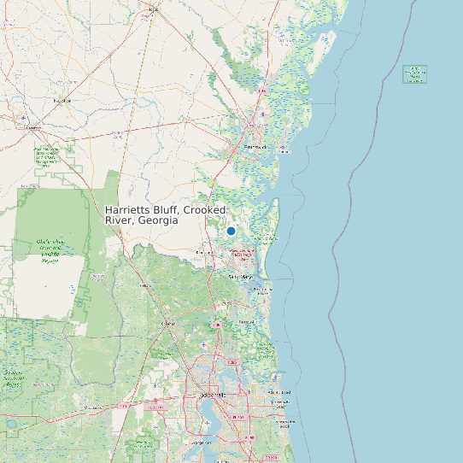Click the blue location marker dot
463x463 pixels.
(x=231, y=231)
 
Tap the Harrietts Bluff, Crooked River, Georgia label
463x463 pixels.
(x=166, y=215)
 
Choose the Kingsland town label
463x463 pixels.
(x=205, y=253)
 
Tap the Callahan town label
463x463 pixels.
(x=168, y=324)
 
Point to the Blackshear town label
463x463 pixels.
(x=61, y=100)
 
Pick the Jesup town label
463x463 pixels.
(x=154, y=9)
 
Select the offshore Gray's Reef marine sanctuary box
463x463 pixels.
(x=415, y=74)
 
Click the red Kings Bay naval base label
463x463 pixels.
(x=242, y=253)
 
